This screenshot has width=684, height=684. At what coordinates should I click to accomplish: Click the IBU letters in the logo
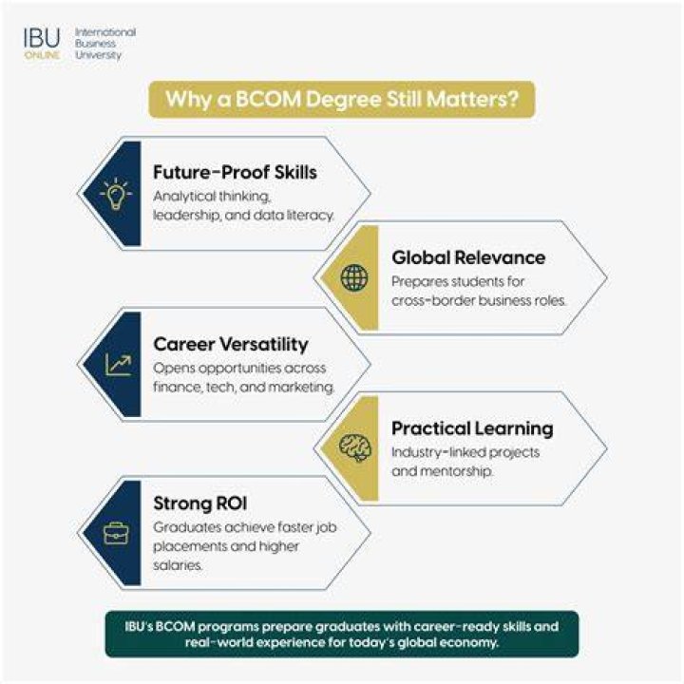42,38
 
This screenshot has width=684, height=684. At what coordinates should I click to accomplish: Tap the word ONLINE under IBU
43,55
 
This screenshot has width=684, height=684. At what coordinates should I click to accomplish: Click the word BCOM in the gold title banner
268,99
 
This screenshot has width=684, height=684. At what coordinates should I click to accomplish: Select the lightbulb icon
116,193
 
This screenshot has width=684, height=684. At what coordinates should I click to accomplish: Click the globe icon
354,277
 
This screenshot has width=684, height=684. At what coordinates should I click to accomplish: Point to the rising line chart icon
118,365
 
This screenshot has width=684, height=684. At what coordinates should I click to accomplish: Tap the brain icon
355,447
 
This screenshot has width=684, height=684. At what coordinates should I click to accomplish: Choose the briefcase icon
116,533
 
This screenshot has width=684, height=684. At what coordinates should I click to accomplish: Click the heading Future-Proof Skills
236,172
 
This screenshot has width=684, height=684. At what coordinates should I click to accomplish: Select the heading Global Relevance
468,257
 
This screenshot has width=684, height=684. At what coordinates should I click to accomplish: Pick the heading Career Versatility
231,344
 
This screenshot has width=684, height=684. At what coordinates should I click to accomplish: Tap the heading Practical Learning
472,428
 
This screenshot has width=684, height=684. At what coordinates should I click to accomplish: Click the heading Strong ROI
200,503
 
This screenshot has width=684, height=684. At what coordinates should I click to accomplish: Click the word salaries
178,565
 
